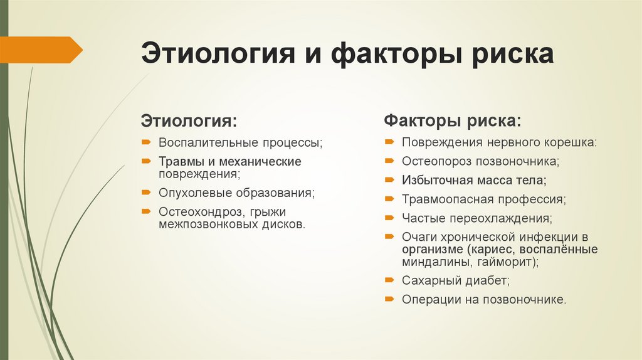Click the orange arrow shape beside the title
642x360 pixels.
[x=41, y=50]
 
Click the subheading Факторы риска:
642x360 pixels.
[x=451, y=119]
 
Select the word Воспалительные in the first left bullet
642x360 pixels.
[x=198, y=142]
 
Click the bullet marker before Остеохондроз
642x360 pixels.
[x=145, y=211]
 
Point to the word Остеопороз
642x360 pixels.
[x=436, y=161]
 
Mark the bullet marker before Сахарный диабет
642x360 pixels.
[x=389, y=280]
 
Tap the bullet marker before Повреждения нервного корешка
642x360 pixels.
[x=389, y=142]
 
